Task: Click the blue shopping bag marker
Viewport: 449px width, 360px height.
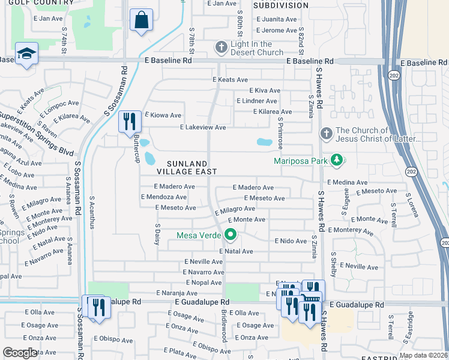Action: pyautogui.click(x=140, y=20)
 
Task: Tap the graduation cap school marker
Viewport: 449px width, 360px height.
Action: pyautogui.click(x=26, y=54)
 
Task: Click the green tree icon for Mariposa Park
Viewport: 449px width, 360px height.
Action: pyautogui.click(x=337, y=160)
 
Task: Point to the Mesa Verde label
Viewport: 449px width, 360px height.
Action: pyautogui.click(x=199, y=235)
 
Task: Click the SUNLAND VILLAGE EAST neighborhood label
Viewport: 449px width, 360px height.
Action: pyautogui.click(x=178, y=167)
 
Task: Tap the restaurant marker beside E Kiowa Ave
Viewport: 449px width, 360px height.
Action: pyautogui.click(x=130, y=122)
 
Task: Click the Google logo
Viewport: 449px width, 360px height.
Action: pyautogui.click(x=20, y=353)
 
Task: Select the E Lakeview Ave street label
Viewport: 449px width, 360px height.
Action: pyautogui.click(x=203, y=127)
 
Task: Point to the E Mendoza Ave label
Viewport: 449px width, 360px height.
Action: pyautogui.click(x=163, y=197)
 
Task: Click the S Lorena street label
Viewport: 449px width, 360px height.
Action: pyautogui.click(x=411, y=203)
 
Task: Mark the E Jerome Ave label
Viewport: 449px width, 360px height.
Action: pyautogui.click(x=276, y=30)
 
